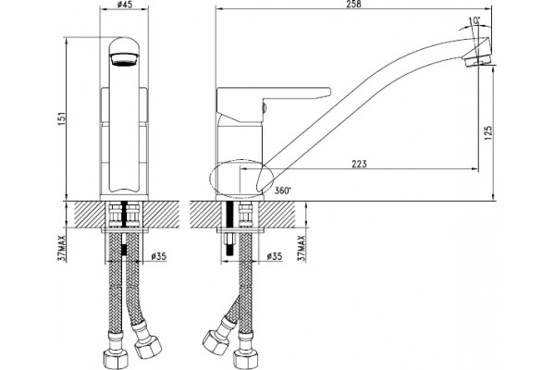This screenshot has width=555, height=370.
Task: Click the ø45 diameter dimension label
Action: [x=124, y=5]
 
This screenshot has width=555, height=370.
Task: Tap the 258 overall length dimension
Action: [x=353, y=5]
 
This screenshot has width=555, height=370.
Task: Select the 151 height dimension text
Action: [x=62, y=119]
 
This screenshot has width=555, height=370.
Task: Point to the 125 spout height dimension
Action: [x=488, y=133]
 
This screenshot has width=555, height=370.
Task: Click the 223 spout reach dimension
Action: [x=359, y=164]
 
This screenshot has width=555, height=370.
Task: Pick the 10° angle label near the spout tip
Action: [x=475, y=20]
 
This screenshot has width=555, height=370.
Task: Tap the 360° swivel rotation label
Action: [x=283, y=191]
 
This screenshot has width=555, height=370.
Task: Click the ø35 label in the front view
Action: [x=158, y=256]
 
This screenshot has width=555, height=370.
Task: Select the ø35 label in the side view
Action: [x=274, y=256]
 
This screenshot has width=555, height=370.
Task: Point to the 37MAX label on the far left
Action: [x=62, y=248]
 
